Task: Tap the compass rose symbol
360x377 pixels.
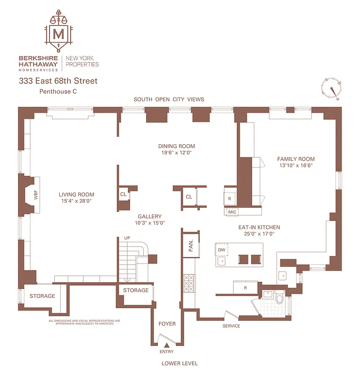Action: pyautogui.click(x=332, y=88)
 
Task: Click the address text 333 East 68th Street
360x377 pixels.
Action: pyautogui.click(x=58, y=81)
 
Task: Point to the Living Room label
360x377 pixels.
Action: pyautogui.click(x=76, y=194)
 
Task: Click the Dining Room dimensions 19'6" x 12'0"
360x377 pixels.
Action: pyautogui.click(x=176, y=153)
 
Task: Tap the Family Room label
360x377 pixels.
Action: pyautogui.click(x=296, y=159)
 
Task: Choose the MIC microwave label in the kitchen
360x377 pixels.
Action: pyautogui.click(x=232, y=212)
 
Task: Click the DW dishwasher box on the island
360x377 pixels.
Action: pyautogui.click(x=222, y=249)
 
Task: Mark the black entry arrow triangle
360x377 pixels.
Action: pyautogui.click(x=166, y=346)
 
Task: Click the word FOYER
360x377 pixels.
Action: pyautogui.click(x=167, y=324)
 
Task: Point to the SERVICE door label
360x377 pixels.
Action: pyautogui.click(x=231, y=326)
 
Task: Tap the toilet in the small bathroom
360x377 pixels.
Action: pyautogui.click(x=278, y=298)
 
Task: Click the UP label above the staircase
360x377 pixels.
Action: pyautogui.click(x=127, y=238)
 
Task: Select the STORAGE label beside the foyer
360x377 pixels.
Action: pyautogui.click(x=136, y=290)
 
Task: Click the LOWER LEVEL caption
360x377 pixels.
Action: pyautogui.click(x=180, y=363)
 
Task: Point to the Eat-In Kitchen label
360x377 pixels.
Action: pyautogui.click(x=255, y=227)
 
